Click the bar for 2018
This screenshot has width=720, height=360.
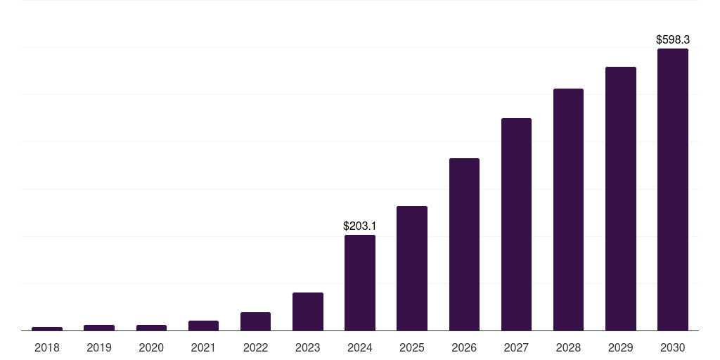point(47,328)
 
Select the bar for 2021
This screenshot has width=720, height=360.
point(203,326)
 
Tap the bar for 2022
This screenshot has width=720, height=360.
point(255,321)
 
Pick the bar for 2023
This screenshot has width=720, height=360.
point(308,311)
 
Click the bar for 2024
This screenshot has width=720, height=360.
point(360,283)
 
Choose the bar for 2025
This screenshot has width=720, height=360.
point(412,268)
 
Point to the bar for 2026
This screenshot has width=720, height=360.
point(464,244)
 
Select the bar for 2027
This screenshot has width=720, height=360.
point(516,224)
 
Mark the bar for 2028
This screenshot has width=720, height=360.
point(568,210)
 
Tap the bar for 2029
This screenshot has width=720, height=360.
point(621,198)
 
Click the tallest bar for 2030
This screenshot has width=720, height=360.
point(673,189)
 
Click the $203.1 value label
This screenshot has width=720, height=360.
point(360,226)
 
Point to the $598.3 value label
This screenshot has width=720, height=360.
point(673,40)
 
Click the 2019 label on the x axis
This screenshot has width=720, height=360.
point(99,347)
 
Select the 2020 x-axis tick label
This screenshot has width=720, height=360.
point(151,347)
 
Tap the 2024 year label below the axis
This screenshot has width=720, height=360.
point(360,347)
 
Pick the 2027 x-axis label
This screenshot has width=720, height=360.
point(516,347)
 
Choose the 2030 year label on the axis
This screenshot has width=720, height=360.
point(673,347)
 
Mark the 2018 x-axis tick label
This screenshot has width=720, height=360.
point(47,347)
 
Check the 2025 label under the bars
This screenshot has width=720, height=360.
point(412,347)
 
